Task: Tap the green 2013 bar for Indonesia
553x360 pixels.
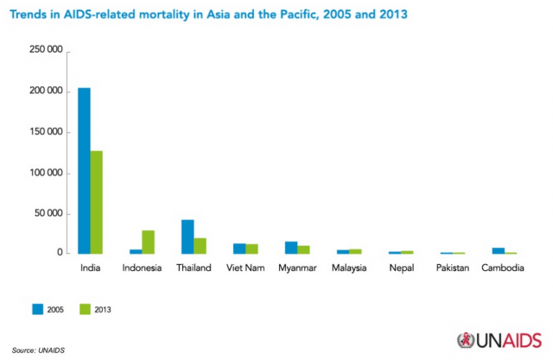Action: point(148,243)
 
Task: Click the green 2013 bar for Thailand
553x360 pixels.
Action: point(200,246)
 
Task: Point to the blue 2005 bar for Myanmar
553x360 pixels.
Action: point(291,248)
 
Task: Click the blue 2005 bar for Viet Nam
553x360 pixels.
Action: point(239,249)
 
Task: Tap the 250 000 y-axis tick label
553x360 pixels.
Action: point(44,51)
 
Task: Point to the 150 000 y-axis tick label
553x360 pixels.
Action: point(44,132)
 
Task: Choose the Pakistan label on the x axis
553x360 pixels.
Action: point(452,268)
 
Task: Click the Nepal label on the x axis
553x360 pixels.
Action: point(401,268)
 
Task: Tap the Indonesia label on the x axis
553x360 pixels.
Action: point(142,268)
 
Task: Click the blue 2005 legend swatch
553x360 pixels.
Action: point(38,308)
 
